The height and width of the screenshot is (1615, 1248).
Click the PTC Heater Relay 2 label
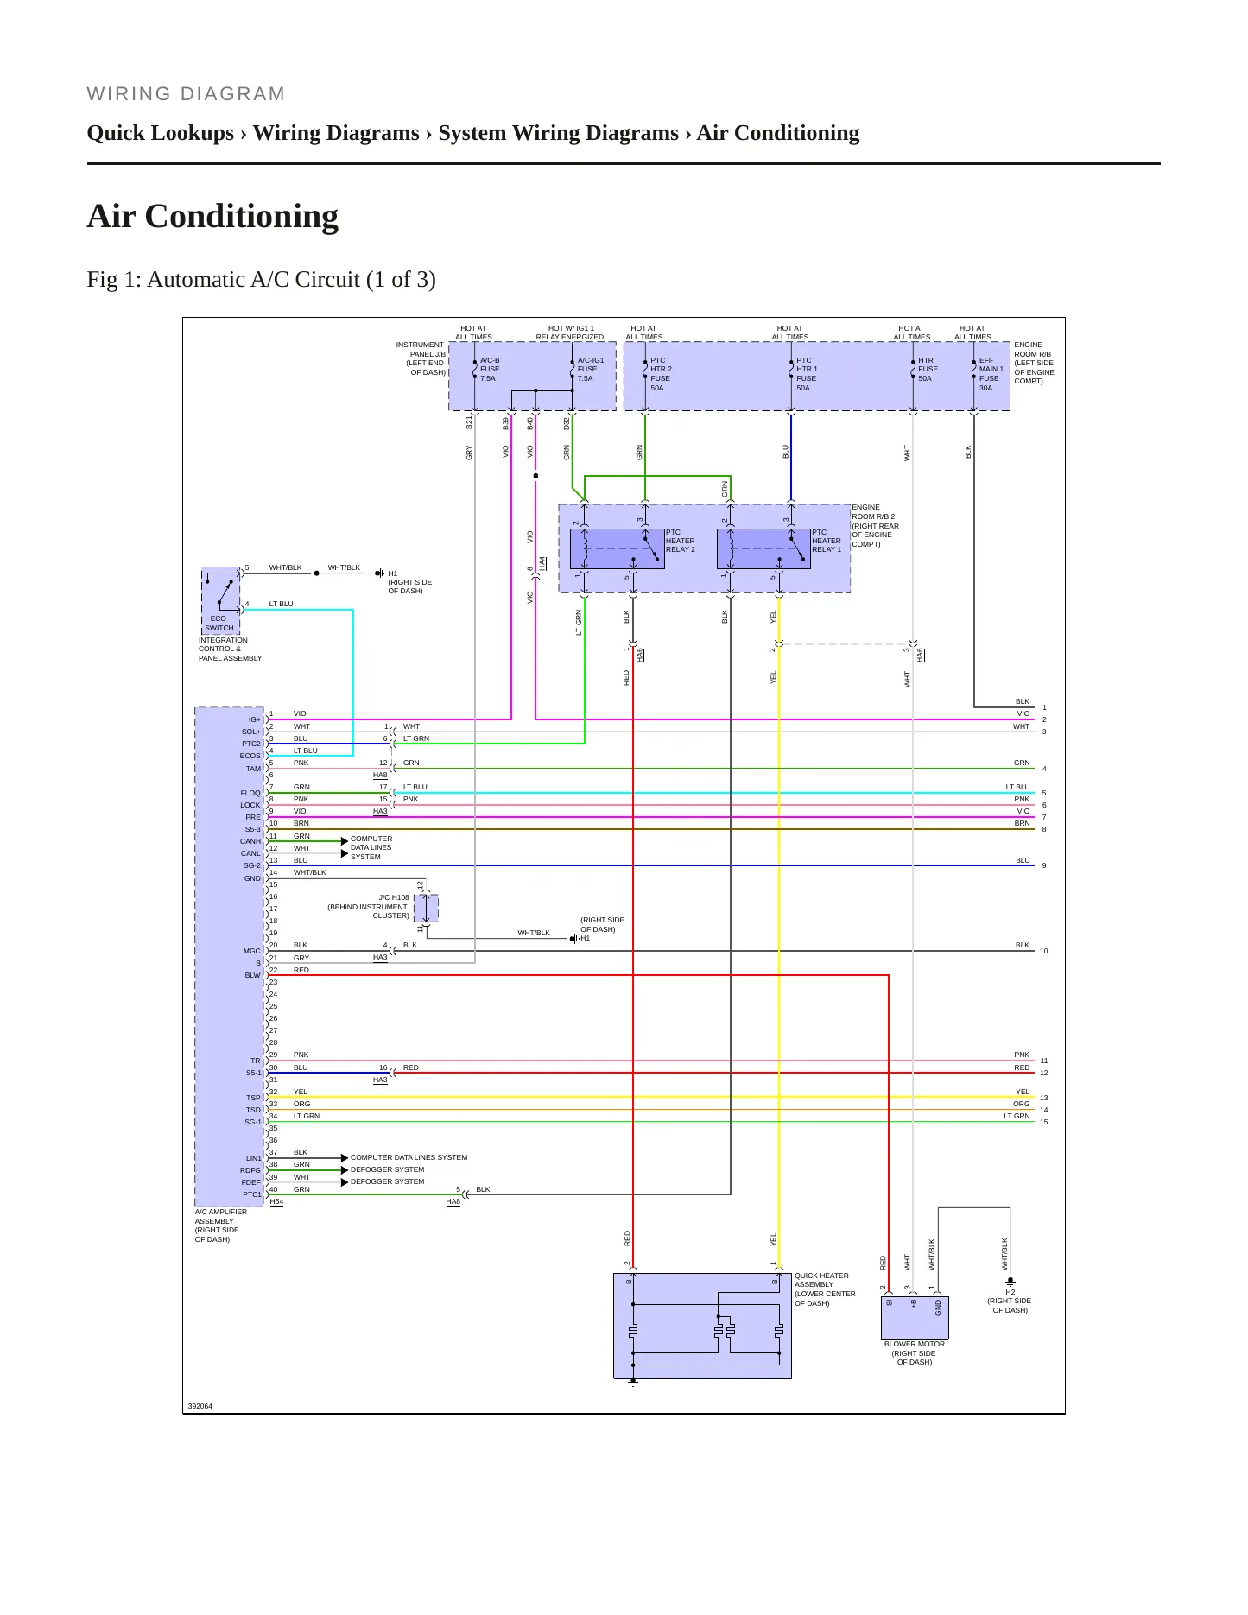click(681, 541)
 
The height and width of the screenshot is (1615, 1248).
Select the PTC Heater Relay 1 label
click(827, 541)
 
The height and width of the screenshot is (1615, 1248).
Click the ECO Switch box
click(220, 600)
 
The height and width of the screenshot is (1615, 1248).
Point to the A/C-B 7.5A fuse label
click(490, 369)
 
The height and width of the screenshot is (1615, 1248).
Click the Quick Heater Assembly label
click(825, 1289)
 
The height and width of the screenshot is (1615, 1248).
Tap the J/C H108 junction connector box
click(426, 909)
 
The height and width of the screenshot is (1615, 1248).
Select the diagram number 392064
click(200, 1406)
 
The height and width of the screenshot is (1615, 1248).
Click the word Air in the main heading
click(112, 216)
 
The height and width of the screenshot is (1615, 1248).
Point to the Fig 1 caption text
click(261, 280)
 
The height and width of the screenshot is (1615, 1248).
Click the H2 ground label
click(1010, 1292)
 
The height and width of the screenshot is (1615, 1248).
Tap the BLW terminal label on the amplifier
click(252, 975)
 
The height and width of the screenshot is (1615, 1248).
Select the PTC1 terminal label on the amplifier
click(251, 1194)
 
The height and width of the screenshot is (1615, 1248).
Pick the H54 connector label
click(276, 1201)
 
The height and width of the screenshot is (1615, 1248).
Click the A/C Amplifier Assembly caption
click(221, 1225)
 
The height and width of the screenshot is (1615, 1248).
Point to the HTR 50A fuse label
click(927, 369)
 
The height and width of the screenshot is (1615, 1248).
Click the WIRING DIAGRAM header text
click(186, 94)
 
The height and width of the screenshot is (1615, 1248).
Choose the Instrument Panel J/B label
click(421, 358)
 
